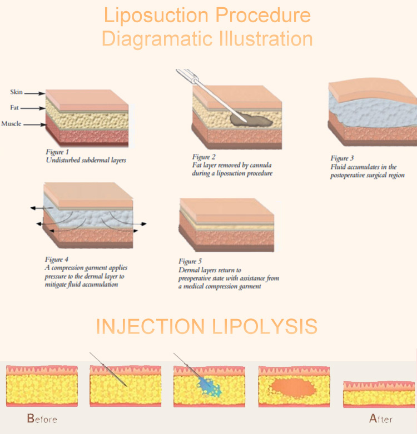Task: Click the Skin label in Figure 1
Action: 16,92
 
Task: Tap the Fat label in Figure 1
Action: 14,107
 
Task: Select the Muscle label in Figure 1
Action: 11,123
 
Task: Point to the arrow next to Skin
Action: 34,93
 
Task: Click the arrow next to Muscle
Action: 34,125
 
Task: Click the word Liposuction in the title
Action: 156,16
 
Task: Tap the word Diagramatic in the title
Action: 158,39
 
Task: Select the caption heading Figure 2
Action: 204,157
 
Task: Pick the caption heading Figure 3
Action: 342,158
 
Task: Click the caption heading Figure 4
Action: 57,260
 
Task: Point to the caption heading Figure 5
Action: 190,261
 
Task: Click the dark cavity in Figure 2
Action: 251,119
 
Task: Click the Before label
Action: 42,418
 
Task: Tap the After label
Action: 381,418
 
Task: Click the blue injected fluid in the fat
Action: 209,385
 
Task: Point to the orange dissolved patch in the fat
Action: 293,387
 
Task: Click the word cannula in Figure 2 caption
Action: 261,165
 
